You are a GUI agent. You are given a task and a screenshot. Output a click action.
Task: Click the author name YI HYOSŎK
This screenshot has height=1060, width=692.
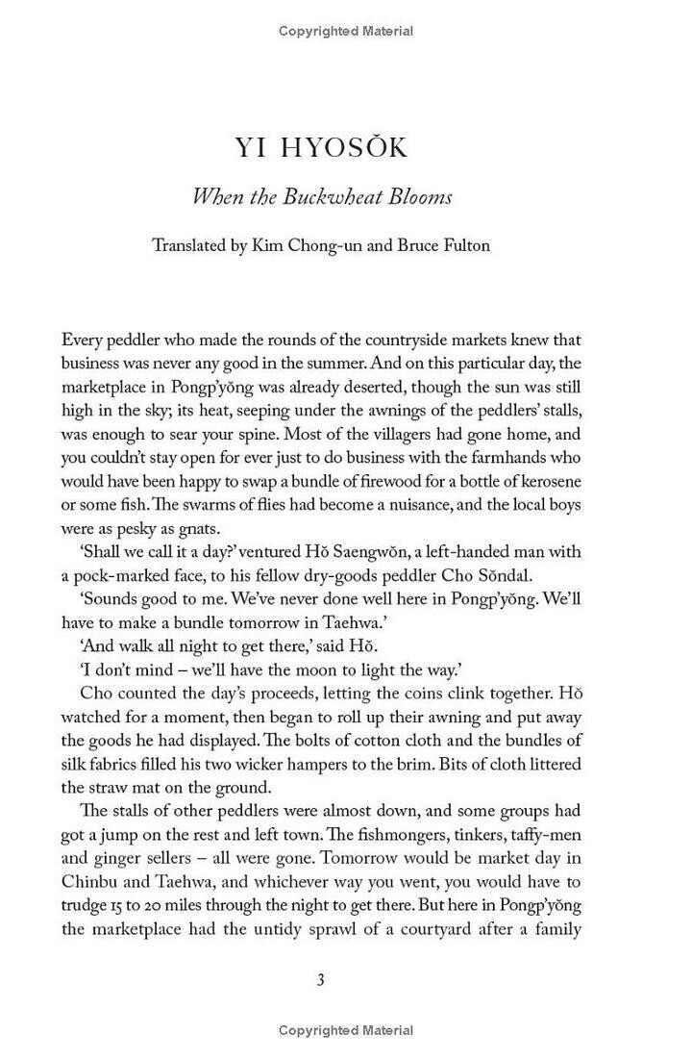tap(321, 148)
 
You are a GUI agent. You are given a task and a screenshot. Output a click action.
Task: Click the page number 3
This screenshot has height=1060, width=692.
tap(321, 980)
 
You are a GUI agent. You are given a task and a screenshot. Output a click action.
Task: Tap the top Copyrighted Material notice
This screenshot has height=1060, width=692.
tap(346, 31)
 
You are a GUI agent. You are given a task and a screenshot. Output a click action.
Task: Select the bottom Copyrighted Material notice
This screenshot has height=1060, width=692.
tap(346, 1030)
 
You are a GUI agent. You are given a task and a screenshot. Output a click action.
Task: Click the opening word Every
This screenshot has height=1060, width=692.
tap(83, 340)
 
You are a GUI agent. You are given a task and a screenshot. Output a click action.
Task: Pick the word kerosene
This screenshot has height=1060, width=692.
tap(546, 481)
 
